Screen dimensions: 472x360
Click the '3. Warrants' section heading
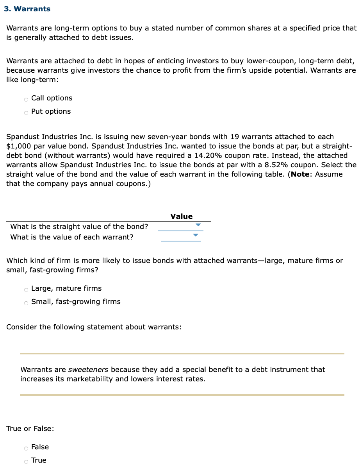tap(27, 9)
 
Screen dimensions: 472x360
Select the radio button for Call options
tap(26, 99)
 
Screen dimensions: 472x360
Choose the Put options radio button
tap(26, 112)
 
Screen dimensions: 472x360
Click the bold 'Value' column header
tap(182, 216)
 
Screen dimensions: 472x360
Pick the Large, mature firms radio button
tap(26, 289)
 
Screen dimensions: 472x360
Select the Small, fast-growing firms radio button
tap(26, 302)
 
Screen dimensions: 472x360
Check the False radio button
tap(26, 448)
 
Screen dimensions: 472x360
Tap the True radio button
tap(26, 461)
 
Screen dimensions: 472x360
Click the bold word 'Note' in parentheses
tap(299, 174)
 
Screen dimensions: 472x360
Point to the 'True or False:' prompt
tap(30, 428)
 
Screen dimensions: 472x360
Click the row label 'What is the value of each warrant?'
tap(71, 237)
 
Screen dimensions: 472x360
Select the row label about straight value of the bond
tap(79, 226)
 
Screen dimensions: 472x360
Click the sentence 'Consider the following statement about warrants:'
tap(94, 327)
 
